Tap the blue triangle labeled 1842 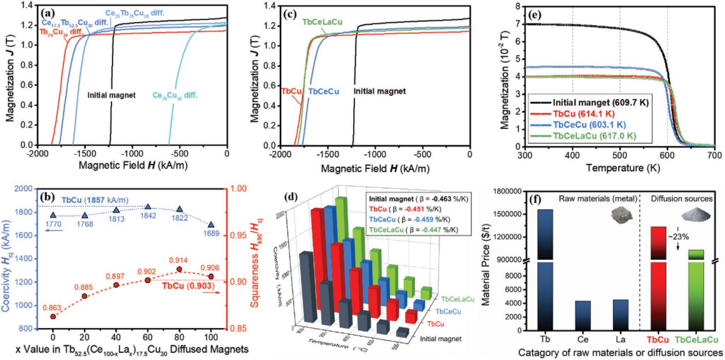click(148, 206)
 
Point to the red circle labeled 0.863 click(53, 317)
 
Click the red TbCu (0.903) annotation click(188, 286)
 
